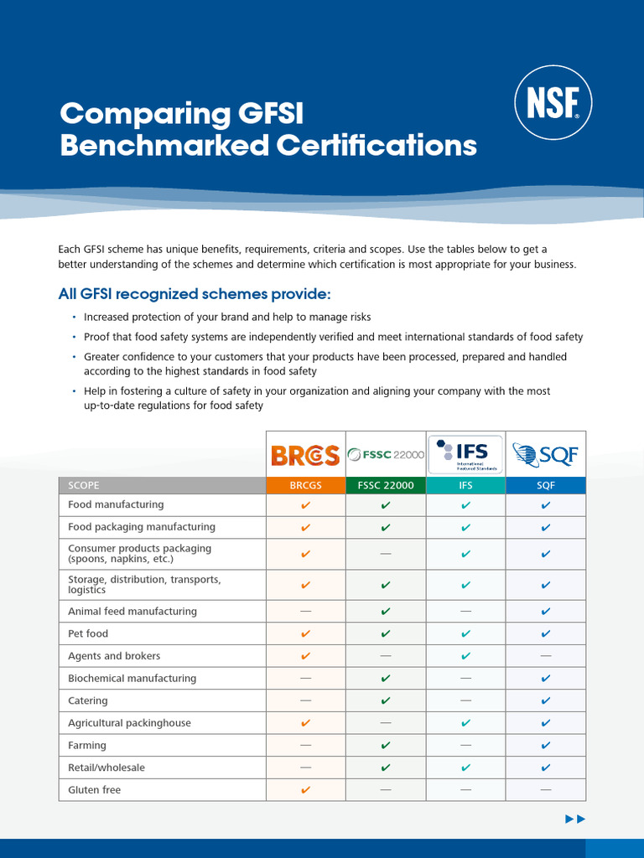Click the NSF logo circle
[x=553, y=103]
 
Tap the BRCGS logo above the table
[x=305, y=455]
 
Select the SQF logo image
[x=546, y=455]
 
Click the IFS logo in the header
[x=465, y=455]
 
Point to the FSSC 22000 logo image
[x=386, y=455]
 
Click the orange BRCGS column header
[x=305, y=485]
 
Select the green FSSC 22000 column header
[x=386, y=485]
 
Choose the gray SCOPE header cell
[x=162, y=485]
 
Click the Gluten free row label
[x=95, y=790]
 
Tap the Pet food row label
[x=88, y=634]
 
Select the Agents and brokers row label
[x=114, y=656]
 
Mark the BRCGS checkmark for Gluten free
[x=305, y=790]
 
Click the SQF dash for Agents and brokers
[x=546, y=656]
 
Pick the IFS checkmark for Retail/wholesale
[x=465, y=768]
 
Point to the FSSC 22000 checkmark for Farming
[x=386, y=745]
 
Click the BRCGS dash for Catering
[x=305, y=700]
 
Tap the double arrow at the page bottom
[x=575, y=819]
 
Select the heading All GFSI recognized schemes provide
[x=195, y=294]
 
